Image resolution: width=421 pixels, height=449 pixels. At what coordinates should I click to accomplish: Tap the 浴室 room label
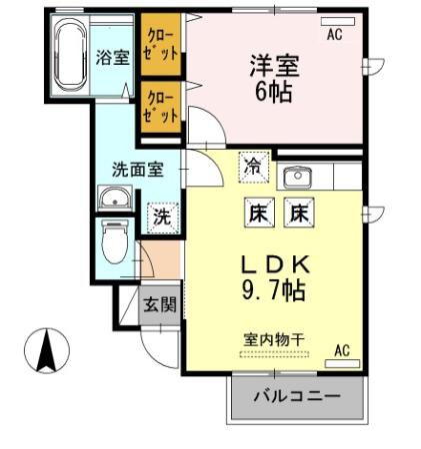pos(113,57)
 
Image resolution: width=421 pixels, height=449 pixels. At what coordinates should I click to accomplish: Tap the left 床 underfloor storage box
pos(256,212)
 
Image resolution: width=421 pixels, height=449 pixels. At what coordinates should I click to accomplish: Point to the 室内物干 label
pos(271,338)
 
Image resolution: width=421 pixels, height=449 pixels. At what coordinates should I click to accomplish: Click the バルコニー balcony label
pos(296,396)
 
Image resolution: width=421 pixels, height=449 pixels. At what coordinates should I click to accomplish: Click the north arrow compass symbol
pos(46,350)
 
